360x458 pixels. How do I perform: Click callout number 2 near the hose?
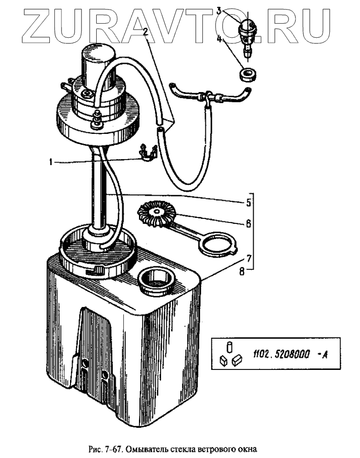pos(145,32)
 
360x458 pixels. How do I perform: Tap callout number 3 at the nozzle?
pos(219,10)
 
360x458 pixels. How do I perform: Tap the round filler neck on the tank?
pos(157,280)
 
